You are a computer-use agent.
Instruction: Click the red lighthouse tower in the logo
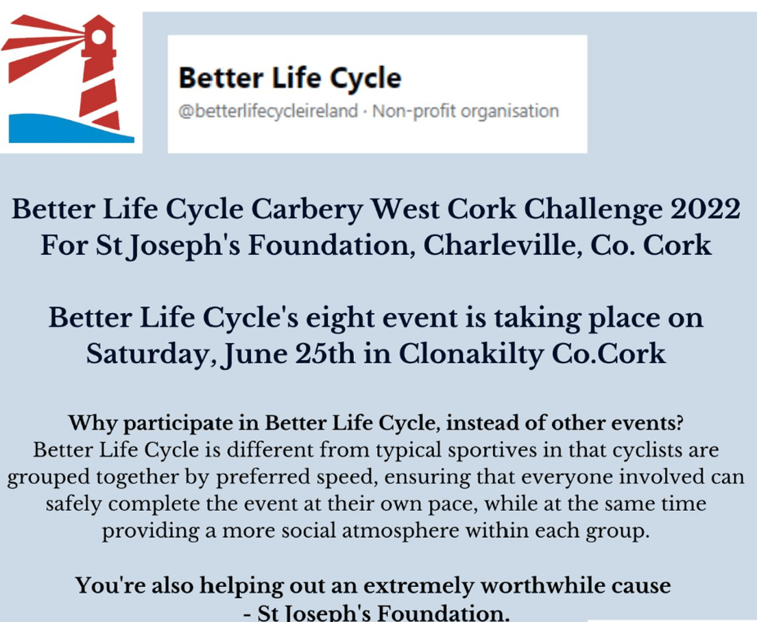99,73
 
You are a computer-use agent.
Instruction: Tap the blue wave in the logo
68,130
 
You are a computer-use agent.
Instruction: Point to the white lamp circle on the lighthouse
99,37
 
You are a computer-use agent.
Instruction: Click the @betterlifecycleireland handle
268,112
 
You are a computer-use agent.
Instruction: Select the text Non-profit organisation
466,112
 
